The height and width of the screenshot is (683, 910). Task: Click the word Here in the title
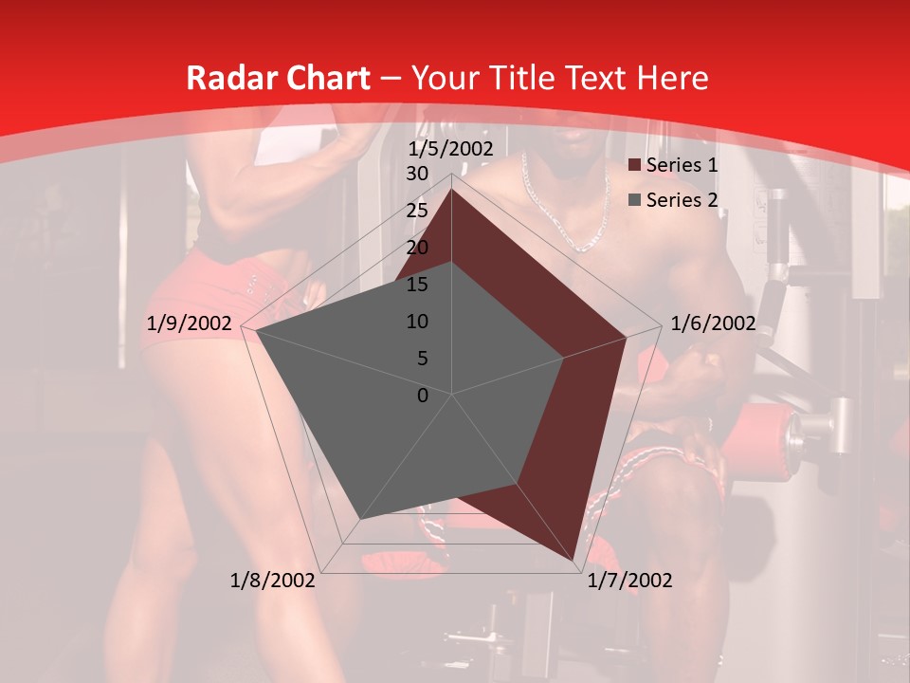pyautogui.click(x=672, y=78)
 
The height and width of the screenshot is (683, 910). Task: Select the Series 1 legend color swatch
pyautogui.click(x=634, y=166)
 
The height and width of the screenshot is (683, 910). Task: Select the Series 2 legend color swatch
pyautogui.click(x=634, y=200)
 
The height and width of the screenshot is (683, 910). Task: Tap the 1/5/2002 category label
pyautogui.click(x=451, y=149)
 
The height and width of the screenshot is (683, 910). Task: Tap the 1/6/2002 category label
pyautogui.click(x=713, y=323)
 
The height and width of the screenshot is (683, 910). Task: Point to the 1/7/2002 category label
pyautogui.click(x=629, y=580)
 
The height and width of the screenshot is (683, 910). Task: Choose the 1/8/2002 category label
pyautogui.click(x=273, y=580)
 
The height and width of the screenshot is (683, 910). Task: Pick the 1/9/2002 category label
pyautogui.click(x=190, y=323)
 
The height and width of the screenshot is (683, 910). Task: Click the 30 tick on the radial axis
pyautogui.click(x=417, y=174)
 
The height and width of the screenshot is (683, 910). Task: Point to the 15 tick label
pyautogui.click(x=417, y=285)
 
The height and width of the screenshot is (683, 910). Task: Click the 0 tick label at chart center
pyautogui.click(x=423, y=395)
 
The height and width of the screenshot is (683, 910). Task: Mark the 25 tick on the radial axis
pyautogui.click(x=417, y=211)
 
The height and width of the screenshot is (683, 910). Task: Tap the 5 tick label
pyautogui.click(x=423, y=359)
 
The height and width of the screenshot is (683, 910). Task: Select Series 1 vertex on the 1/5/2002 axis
pyautogui.click(x=452, y=191)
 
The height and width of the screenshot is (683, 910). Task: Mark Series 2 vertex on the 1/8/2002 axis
pyautogui.click(x=360, y=519)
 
